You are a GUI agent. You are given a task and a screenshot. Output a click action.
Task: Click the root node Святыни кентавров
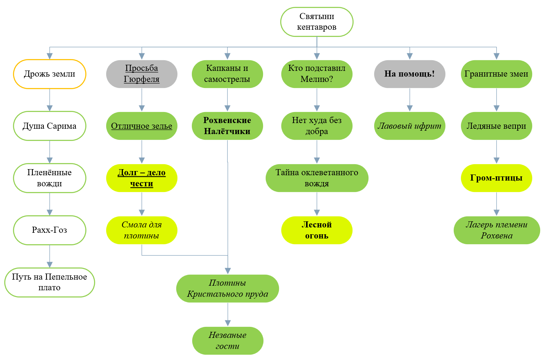point(317,22)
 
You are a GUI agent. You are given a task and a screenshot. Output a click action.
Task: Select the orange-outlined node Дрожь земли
point(49,74)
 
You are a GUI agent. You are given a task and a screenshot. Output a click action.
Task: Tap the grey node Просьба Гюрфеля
point(142,74)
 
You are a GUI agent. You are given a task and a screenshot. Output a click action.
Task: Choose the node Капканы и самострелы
point(227,74)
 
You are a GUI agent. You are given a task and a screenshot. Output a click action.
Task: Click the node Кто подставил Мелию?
point(317,74)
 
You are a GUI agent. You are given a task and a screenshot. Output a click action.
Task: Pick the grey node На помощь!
point(410,74)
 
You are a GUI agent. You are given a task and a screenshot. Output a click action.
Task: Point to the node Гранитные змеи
point(496,74)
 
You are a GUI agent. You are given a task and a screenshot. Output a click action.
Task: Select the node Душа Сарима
point(49,126)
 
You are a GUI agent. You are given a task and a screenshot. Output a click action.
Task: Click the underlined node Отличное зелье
point(142,126)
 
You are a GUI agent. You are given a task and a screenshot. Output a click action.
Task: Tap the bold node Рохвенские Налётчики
point(227,126)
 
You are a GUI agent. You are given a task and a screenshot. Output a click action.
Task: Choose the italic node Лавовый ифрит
point(410,126)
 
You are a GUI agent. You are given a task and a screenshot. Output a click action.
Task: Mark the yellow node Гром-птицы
point(496,178)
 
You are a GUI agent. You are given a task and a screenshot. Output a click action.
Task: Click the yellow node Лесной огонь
point(317,230)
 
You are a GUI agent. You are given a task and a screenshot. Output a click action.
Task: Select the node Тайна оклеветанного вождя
point(317,178)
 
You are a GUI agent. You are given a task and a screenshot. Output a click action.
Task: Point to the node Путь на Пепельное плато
point(49,282)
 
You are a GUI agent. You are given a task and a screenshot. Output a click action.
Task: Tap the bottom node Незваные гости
point(228,341)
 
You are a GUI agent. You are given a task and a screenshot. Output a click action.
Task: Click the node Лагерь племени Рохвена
point(497,230)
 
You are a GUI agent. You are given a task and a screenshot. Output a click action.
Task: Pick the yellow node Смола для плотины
point(142,230)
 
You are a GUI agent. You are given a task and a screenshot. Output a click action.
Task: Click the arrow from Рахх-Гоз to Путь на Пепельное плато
point(49,256)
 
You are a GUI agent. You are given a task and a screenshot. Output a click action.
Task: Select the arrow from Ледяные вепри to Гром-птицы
point(496,152)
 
